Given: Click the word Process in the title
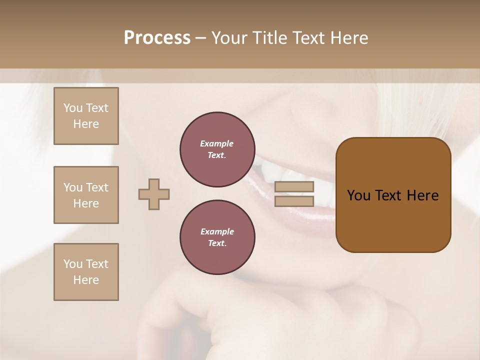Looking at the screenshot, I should coord(157,38).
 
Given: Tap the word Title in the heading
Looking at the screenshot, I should coord(269,38).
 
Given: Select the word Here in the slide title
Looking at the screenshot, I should coord(348,38).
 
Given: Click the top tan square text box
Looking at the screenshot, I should coord(86,116).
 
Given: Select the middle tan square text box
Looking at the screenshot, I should coord(86,195).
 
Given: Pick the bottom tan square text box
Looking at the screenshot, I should coord(86,272).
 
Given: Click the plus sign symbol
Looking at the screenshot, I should coord(154,194).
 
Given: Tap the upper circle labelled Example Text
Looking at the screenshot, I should coord(217,149).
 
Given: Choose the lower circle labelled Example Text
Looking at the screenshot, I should coord(217,237).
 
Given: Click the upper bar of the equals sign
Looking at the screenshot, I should coord(294,186).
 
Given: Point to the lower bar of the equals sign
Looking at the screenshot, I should coord(294,201).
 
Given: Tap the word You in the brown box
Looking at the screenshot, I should coord(358,195).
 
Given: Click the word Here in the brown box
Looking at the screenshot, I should coord(422,195).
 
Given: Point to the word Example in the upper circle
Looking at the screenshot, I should coord(217,143).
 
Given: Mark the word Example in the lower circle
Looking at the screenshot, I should coord(217,231).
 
